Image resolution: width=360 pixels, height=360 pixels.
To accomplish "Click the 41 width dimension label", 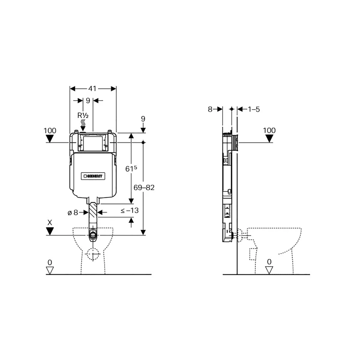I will [x=92, y=88].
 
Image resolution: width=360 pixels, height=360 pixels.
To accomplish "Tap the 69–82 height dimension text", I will [x=144, y=187].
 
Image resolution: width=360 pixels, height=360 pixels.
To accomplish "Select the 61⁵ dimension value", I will [x=131, y=169].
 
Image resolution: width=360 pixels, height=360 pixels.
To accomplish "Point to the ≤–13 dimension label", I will [x=130, y=210].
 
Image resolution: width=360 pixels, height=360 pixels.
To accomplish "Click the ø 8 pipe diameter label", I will [x=73, y=212].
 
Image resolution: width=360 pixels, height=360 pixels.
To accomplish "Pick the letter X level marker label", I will [x=50, y=222].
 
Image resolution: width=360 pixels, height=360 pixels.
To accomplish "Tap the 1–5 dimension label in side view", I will [x=253, y=109].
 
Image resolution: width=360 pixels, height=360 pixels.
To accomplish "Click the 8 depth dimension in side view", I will [x=210, y=109].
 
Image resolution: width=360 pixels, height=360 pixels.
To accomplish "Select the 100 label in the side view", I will [x=269, y=130].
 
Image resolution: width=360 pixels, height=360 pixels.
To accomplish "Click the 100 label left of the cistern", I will [x=50, y=130].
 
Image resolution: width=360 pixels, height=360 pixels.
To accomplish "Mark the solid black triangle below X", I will [x=50, y=231].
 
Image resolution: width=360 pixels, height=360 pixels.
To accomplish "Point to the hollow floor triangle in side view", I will [x=269, y=270].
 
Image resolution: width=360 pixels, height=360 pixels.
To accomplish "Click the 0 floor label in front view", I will [x=50, y=262].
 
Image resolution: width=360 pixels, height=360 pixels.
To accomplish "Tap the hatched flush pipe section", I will [x=93, y=212].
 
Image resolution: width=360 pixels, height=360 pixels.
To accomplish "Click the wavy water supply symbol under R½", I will [x=83, y=123].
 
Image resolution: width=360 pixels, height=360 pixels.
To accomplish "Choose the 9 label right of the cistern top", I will [x=143, y=119].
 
